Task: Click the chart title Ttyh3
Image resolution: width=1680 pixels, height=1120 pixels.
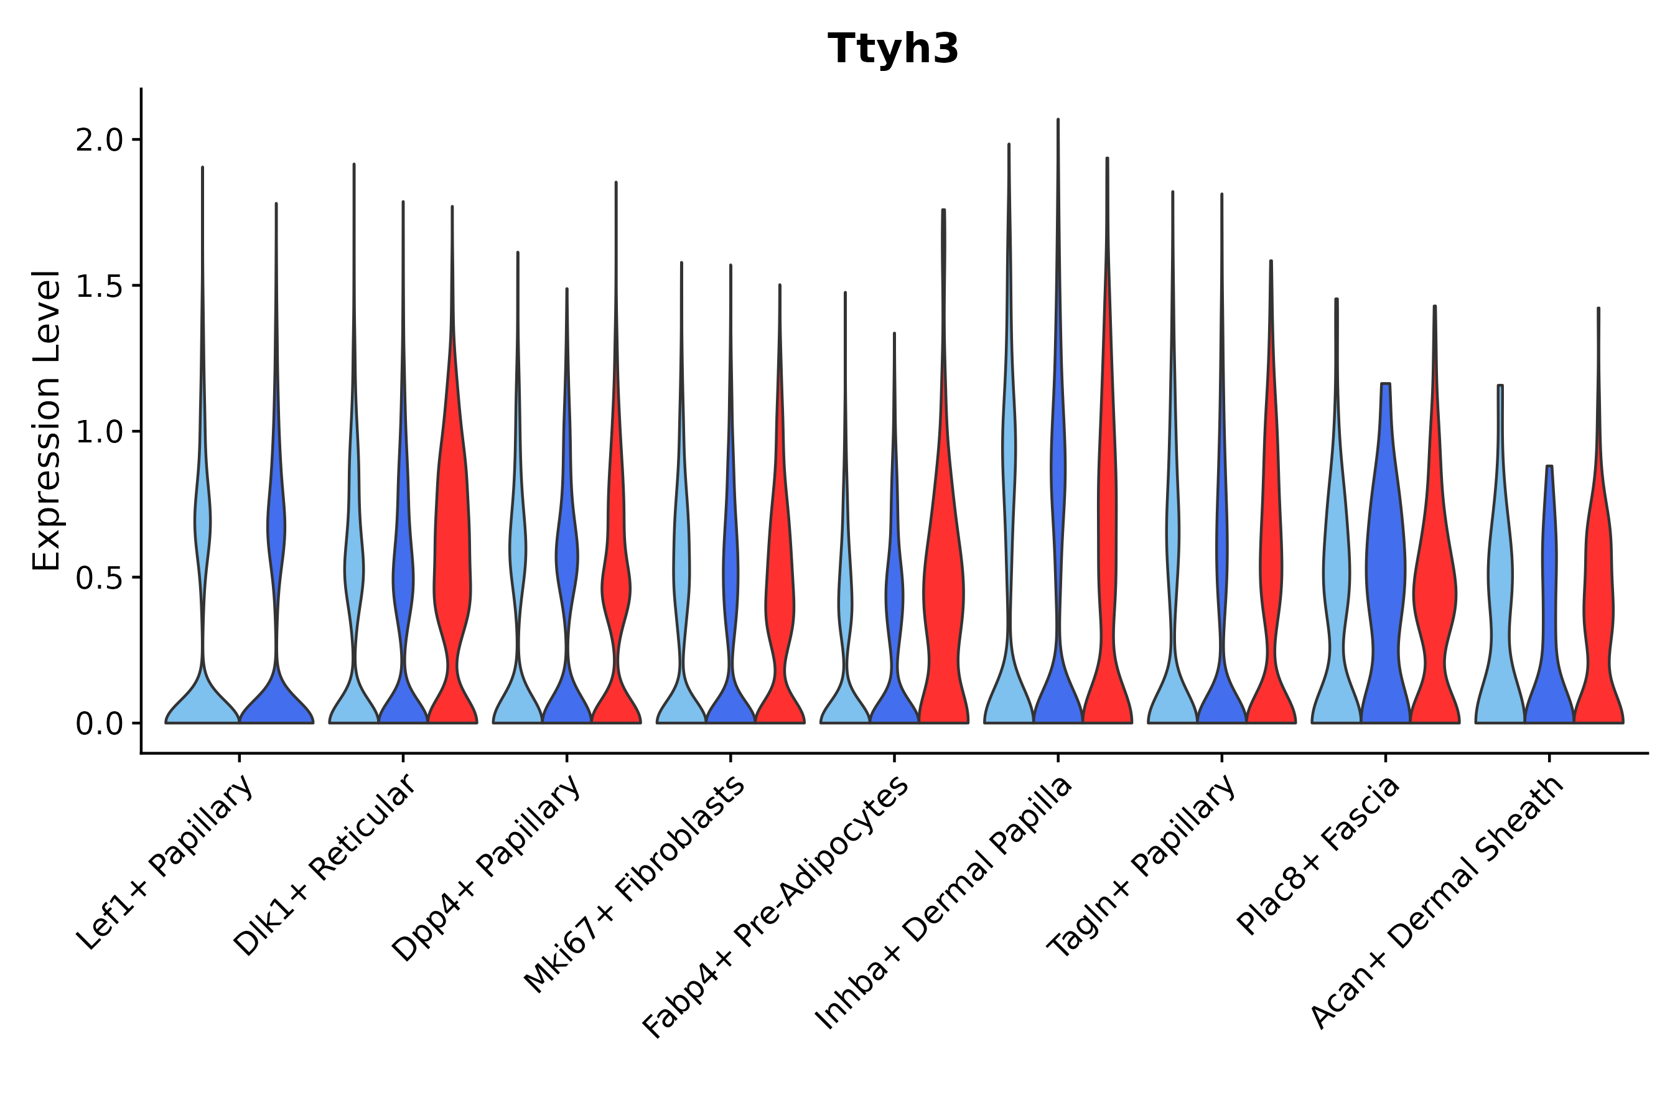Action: pyautogui.click(x=893, y=49)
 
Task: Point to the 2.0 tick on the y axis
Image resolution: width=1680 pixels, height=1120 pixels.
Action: pyautogui.click(x=100, y=140)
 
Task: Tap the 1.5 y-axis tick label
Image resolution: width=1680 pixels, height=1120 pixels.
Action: pyautogui.click(x=100, y=286)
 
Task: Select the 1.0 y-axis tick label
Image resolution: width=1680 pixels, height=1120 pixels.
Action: pyautogui.click(x=100, y=432)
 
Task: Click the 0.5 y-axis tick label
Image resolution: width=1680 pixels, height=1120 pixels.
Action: pyautogui.click(x=100, y=578)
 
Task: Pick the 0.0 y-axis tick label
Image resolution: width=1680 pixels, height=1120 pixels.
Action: pyautogui.click(x=100, y=724)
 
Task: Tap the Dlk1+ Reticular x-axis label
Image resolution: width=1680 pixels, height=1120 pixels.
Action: pyautogui.click(x=324, y=866)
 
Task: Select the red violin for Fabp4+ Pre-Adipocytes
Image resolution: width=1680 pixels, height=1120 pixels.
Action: pyautogui.click(x=943, y=593)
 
